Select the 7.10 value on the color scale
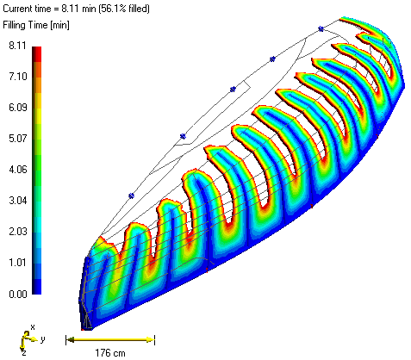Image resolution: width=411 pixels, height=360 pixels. (x=16, y=77)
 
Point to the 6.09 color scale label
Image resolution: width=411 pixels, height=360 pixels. (x=16, y=107)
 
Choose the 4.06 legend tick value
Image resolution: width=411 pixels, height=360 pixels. (x=16, y=169)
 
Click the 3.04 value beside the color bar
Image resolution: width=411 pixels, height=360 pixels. (x=16, y=200)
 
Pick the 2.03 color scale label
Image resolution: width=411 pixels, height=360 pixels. (x=16, y=232)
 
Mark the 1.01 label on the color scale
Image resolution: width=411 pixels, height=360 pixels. (x=16, y=262)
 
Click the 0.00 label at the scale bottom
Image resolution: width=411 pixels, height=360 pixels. (x=16, y=294)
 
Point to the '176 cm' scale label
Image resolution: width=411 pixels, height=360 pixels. (x=109, y=351)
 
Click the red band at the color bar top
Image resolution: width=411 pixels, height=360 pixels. (x=36, y=52)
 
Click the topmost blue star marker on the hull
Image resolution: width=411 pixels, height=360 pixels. (x=321, y=28)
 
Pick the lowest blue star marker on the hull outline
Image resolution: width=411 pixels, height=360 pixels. (x=131, y=196)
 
